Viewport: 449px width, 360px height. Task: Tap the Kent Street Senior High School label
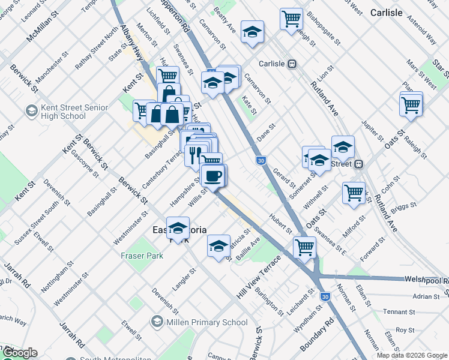click(x=74, y=112)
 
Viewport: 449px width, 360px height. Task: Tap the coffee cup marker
click(x=212, y=176)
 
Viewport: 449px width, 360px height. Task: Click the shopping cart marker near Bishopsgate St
click(x=291, y=19)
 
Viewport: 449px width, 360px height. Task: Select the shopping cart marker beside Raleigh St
click(x=411, y=104)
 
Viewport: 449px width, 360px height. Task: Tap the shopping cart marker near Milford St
click(x=354, y=193)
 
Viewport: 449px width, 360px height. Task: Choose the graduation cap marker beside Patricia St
click(x=218, y=245)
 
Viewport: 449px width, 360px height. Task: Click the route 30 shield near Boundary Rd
click(x=325, y=296)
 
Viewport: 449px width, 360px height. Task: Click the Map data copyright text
click(x=411, y=355)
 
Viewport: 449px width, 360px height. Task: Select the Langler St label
click(x=184, y=280)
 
